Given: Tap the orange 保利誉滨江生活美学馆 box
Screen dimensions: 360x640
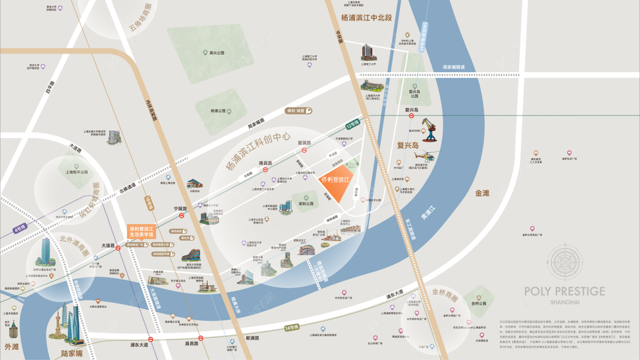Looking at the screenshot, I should pyautogui.click(x=141, y=232).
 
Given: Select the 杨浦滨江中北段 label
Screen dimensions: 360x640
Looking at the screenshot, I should pyautogui.click(x=367, y=18).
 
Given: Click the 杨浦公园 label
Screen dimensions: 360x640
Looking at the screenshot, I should pyautogui.click(x=218, y=111).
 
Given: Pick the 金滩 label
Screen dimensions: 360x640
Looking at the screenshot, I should pyautogui.click(x=482, y=193).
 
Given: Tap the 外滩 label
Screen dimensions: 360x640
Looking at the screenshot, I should pyautogui.click(x=11, y=346).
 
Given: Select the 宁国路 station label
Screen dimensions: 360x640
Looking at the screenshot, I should pyautogui.click(x=180, y=209).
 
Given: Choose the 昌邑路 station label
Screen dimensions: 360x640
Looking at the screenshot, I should pyautogui.click(x=191, y=344).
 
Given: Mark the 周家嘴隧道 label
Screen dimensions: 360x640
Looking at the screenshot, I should pyautogui.click(x=453, y=68).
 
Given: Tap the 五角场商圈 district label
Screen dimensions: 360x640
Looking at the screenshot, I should pyautogui.click(x=141, y=19).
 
